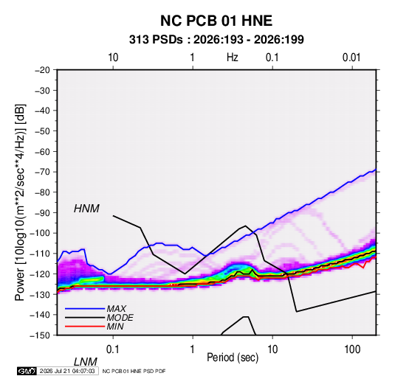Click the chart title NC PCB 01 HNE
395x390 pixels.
[216, 21]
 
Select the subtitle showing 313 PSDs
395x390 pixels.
[216, 40]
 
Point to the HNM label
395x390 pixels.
[86, 209]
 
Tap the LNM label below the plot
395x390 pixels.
[85, 362]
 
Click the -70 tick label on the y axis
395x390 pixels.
[42, 172]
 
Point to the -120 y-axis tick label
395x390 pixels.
[40, 274]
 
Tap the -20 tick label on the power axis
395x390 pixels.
[42, 70]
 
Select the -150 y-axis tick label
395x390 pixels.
[40, 335]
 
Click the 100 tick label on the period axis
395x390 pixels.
[352, 349]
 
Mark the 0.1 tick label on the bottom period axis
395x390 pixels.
[113, 349]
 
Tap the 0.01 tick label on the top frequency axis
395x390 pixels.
[351, 58]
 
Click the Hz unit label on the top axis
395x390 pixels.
[233, 58]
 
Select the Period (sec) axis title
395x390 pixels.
[233, 358]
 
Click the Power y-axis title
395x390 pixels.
[20, 202]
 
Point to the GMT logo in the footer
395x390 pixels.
[27, 371]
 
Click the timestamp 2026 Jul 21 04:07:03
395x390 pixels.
[67, 371]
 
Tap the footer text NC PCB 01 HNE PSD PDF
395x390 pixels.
[134, 371]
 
